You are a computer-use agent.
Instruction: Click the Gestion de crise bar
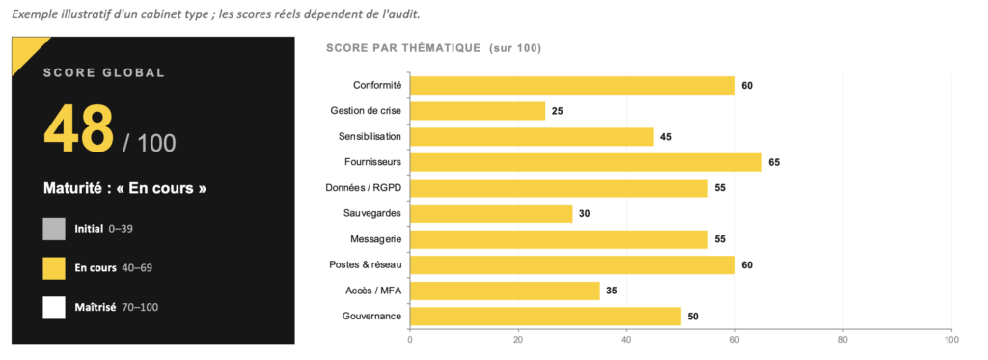pos(478,111)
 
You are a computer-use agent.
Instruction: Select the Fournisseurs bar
pos(586,163)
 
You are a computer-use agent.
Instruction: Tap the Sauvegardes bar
pos(491,213)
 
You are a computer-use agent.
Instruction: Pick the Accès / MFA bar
pos(505,291)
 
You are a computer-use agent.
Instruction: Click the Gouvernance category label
pos(371,316)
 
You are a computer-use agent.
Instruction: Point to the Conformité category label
pos(377,86)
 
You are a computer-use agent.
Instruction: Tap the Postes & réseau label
pos(366,264)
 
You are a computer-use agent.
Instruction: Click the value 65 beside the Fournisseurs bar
pos(774,163)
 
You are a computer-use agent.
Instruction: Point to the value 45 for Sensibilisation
pos(666,137)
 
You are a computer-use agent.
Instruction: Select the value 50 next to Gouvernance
pos(693,317)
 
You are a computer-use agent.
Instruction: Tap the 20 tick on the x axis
pos(518,339)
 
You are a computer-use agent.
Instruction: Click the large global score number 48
pos(78,128)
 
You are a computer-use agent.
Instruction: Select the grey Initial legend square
pos(54,229)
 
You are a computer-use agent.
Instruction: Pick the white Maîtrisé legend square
pos(54,307)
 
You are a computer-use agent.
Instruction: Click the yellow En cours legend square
pos(54,268)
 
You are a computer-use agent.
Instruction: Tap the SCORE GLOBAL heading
pos(104,73)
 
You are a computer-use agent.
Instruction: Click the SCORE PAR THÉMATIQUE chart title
pos(433,48)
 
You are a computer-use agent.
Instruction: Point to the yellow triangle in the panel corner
pos(25,50)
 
